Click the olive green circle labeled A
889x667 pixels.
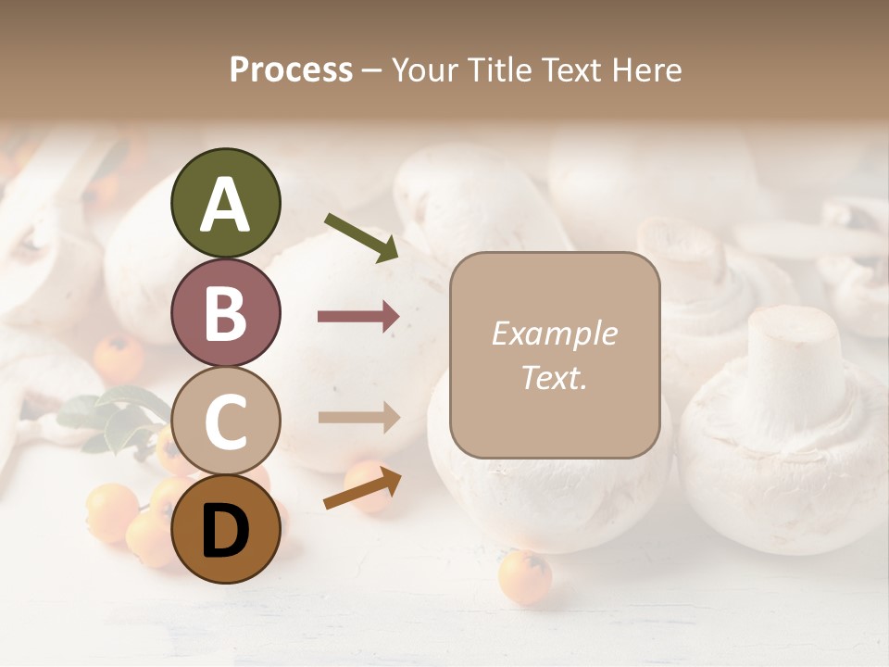click(225, 203)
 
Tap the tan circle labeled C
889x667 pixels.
click(225, 421)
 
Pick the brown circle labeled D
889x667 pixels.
click(225, 529)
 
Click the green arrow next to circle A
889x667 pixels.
click(361, 237)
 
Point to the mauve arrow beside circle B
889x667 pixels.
click(358, 317)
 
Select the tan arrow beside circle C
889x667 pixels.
click(358, 417)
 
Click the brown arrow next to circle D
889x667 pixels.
click(362, 489)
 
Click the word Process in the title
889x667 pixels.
click(291, 69)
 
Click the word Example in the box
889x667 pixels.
click(554, 333)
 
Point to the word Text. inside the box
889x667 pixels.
click(554, 377)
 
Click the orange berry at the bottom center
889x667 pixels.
click(525, 577)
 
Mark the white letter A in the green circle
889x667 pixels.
click(225, 205)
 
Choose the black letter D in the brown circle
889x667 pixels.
click(225, 531)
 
